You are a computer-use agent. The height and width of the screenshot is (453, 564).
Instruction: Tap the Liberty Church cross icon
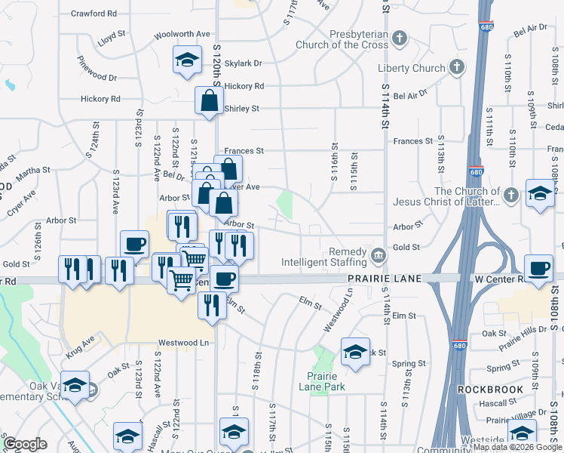455,68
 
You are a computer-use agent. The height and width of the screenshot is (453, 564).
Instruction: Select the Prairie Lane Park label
326,382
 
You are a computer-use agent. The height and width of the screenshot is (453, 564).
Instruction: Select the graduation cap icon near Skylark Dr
187,61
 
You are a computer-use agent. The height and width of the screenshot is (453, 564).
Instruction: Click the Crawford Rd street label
93,14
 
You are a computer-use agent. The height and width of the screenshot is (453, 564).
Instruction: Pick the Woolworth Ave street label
182,34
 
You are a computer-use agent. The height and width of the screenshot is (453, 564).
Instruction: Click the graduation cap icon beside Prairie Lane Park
355,351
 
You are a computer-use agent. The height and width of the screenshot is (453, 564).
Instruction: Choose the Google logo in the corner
25,444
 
